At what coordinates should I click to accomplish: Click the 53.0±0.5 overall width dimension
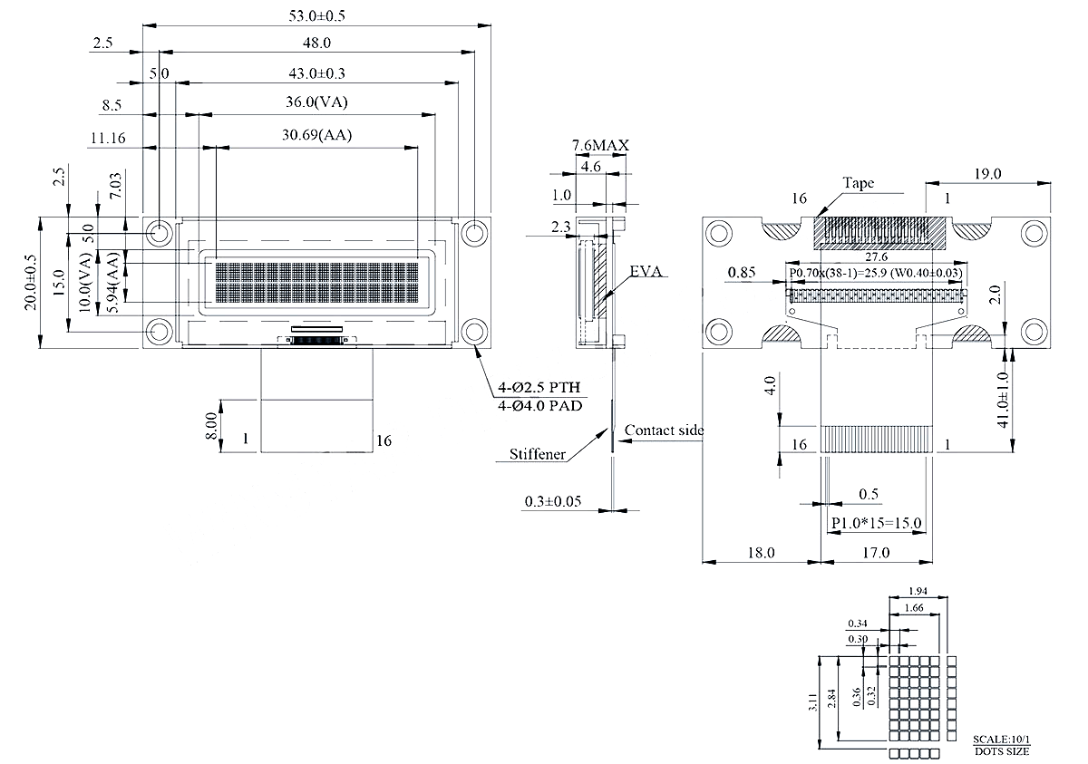(317, 15)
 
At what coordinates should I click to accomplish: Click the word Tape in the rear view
(858, 183)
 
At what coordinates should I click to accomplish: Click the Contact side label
(664, 430)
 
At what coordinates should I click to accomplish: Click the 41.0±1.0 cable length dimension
(1003, 399)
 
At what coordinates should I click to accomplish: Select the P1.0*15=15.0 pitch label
(876, 523)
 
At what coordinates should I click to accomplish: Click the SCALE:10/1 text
(1002, 740)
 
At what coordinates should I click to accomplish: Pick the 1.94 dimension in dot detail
(918, 591)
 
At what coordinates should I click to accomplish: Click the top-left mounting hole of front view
(160, 233)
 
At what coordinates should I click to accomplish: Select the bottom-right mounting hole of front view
(473, 331)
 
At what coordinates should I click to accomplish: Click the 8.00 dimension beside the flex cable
(211, 426)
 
